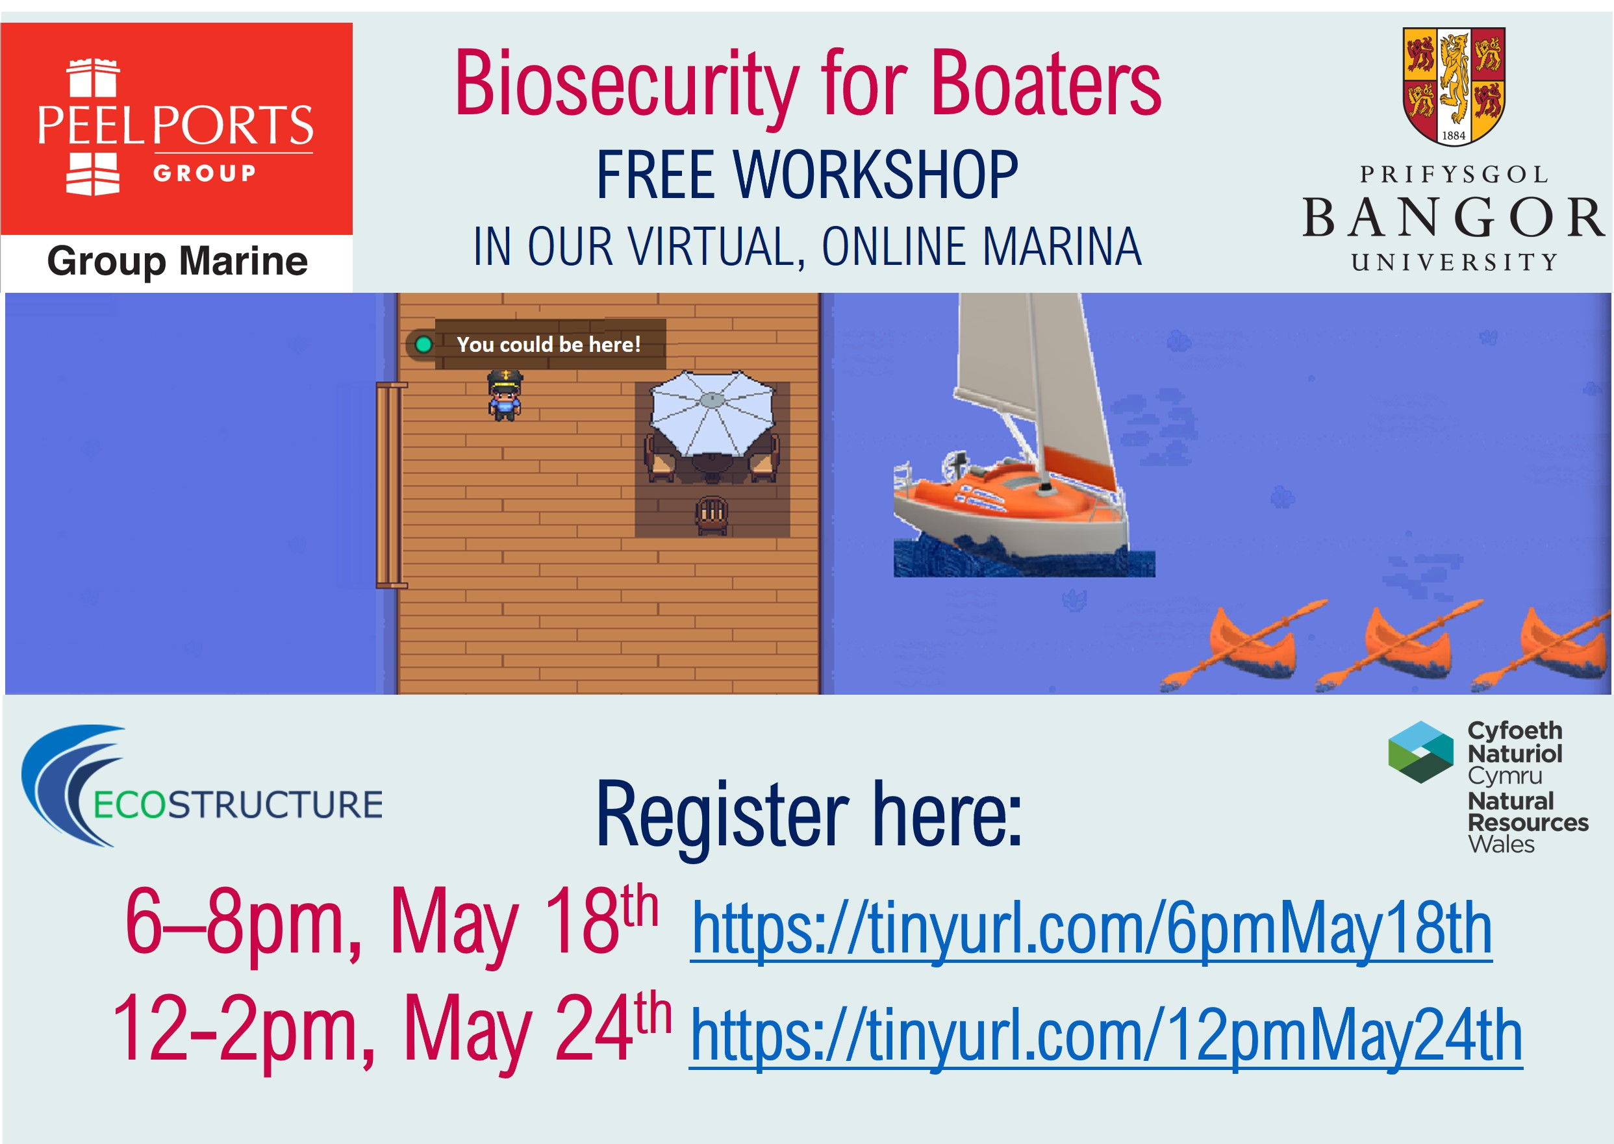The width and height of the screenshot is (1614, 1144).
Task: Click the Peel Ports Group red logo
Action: (176, 128)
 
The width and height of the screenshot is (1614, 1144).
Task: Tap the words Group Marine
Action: (177, 262)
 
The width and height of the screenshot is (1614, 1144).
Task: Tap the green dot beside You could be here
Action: (423, 345)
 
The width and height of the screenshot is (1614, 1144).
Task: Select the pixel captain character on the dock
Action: (505, 395)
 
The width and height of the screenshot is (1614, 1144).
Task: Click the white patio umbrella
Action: (712, 413)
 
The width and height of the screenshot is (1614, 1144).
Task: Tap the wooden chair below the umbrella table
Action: (712, 515)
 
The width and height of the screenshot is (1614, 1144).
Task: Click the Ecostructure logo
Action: (202, 786)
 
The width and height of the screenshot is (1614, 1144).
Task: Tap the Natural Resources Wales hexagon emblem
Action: (1420, 752)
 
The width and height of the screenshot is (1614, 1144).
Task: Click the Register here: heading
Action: (809, 815)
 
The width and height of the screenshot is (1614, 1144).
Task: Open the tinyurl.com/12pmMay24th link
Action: (1106, 1036)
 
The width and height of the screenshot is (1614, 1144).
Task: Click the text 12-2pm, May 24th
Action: (392, 1030)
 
